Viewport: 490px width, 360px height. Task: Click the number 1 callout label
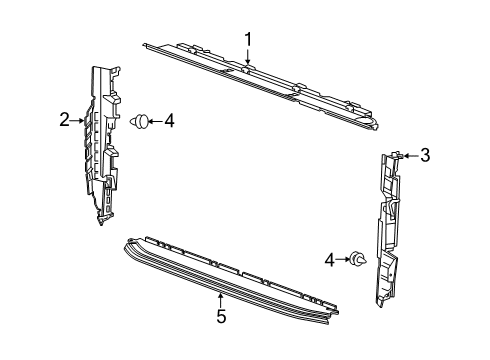[248, 41]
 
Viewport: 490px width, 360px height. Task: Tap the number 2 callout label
[64, 120]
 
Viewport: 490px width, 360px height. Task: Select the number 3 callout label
[425, 155]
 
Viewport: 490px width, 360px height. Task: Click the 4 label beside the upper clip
[169, 121]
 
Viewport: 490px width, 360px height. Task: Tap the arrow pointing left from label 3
[410, 155]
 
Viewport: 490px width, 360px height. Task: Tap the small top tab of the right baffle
[397, 155]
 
